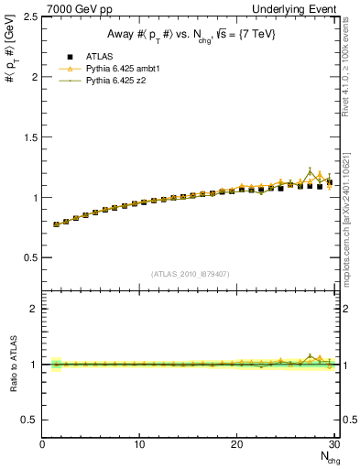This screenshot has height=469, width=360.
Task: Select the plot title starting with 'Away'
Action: (x=191, y=34)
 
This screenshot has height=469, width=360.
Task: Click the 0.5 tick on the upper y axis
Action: (x=30, y=257)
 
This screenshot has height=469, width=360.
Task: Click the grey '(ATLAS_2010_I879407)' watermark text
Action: (x=191, y=273)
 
